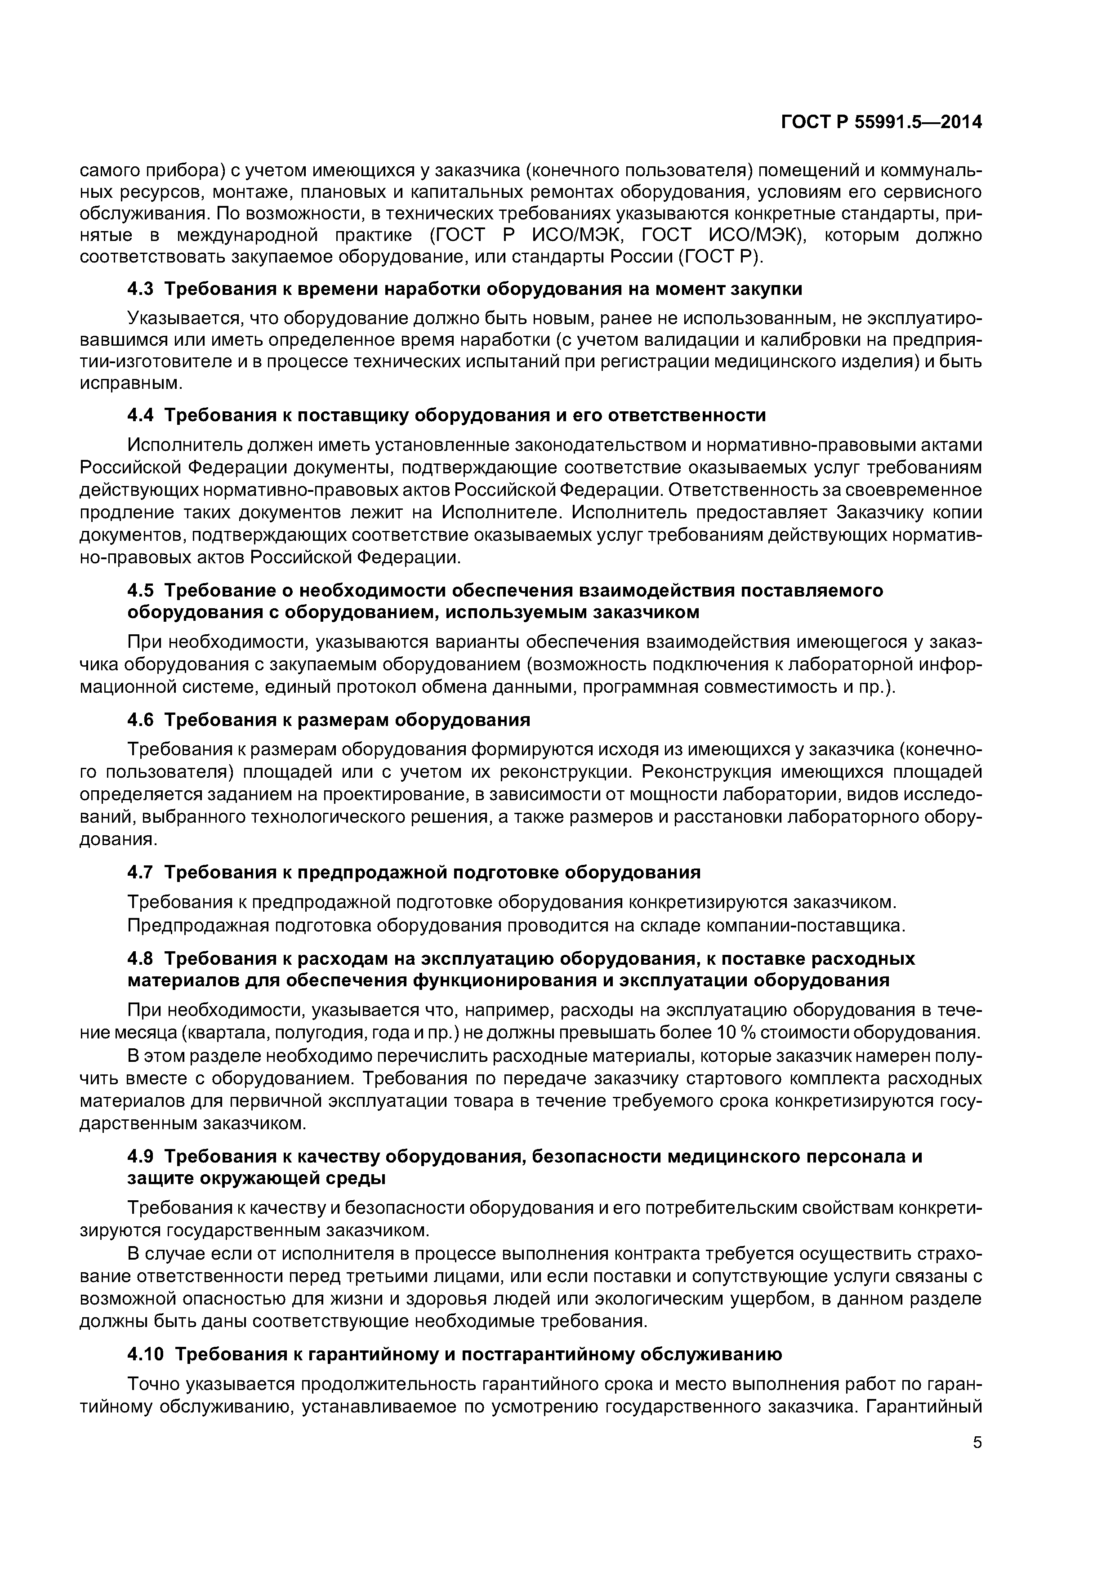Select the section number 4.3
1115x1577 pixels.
point(142,289)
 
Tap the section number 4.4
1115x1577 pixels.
point(142,415)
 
